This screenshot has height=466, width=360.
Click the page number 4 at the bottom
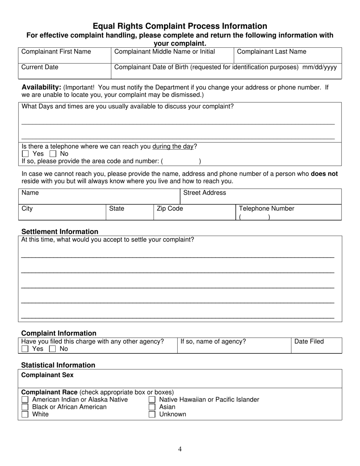pyautogui.click(x=180, y=449)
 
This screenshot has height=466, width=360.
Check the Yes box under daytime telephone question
pyautogui.click(x=25, y=154)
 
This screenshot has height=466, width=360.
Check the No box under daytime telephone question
pyautogui.click(x=53, y=154)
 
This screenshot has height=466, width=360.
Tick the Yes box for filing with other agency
pyautogui.click(x=25, y=349)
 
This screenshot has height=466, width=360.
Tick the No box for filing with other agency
pyautogui.click(x=52, y=349)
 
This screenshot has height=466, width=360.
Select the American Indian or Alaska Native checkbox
pyautogui.click(x=25, y=400)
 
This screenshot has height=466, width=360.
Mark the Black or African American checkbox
pyautogui.click(x=25, y=407)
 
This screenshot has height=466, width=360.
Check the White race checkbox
pyautogui.click(x=25, y=414)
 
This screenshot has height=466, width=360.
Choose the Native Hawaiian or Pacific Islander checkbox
pyautogui.click(x=152, y=400)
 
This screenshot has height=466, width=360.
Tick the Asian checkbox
pyautogui.click(x=152, y=407)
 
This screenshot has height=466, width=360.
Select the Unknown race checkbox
pyautogui.click(x=152, y=414)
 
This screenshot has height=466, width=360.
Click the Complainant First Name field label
pyautogui.click(x=56, y=52)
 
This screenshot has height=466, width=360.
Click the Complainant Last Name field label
pyautogui.click(x=271, y=52)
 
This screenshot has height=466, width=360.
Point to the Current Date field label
pyautogui.click(x=40, y=67)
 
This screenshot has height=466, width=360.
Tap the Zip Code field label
pyautogui.click(x=170, y=209)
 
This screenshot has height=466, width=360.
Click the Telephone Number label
pyautogui.click(x=266, y=209)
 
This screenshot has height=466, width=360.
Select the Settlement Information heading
pyautogui.click(x=59, y=231)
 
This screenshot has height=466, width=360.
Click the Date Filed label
pyautogui.click(x=309, y=342)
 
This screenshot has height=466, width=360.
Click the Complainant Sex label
pyautogui.click(x=47, y=375)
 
